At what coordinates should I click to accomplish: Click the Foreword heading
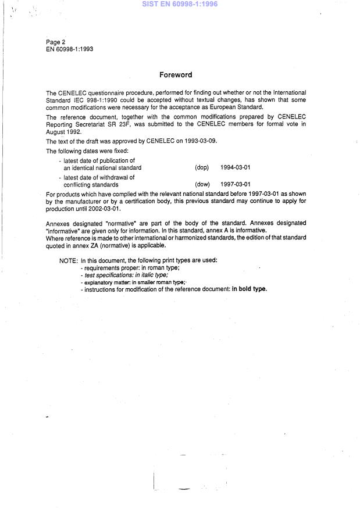click(x=176, y=75)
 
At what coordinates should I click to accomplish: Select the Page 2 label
click(x=56, y=42)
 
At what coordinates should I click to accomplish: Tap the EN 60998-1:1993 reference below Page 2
click(x=70, y=49)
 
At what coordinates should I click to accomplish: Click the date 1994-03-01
click(x=236, y=168)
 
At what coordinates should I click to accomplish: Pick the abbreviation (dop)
click(x=202, y=168)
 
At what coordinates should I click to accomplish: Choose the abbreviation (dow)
click(x=202, y=185)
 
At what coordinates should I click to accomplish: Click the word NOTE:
click(x=69, y=260)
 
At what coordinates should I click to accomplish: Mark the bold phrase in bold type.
click(x=249, y=289)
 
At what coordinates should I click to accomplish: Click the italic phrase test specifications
click(x=112, y=275)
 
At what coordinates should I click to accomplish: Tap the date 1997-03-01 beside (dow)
click(x=236, y=185)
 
